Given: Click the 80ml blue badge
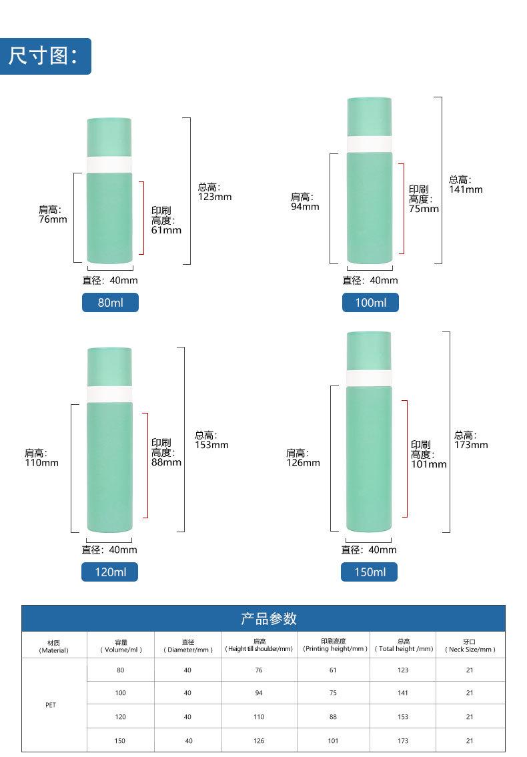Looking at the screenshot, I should coord(110,303).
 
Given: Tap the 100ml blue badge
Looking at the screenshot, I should coord(370,303).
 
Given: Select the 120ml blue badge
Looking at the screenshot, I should coord(110,572).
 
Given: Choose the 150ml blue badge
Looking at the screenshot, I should coord(370,572).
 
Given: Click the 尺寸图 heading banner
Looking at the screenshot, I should coord(45,56).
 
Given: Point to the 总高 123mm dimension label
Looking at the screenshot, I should coord(214,192).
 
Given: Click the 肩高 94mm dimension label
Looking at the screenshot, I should coord(305,201).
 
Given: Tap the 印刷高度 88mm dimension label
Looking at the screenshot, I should coord(166,452).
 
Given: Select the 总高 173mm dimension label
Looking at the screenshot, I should coord(471,440).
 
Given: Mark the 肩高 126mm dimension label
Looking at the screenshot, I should coord(303,458).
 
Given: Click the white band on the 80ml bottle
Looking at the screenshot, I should coord(110,165).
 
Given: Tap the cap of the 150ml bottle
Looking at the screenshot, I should coord(369,350).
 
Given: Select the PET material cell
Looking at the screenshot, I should coord(51,704).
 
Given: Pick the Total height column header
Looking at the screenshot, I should coord(402,646).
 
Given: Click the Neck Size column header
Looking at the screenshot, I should coord(470,646).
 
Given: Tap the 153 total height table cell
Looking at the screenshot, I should coord(402,717).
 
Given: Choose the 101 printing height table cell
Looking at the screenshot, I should coord(333,740).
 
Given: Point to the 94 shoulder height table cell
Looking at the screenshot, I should coord(259,694).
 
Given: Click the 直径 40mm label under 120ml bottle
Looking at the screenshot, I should coord(110,550).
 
